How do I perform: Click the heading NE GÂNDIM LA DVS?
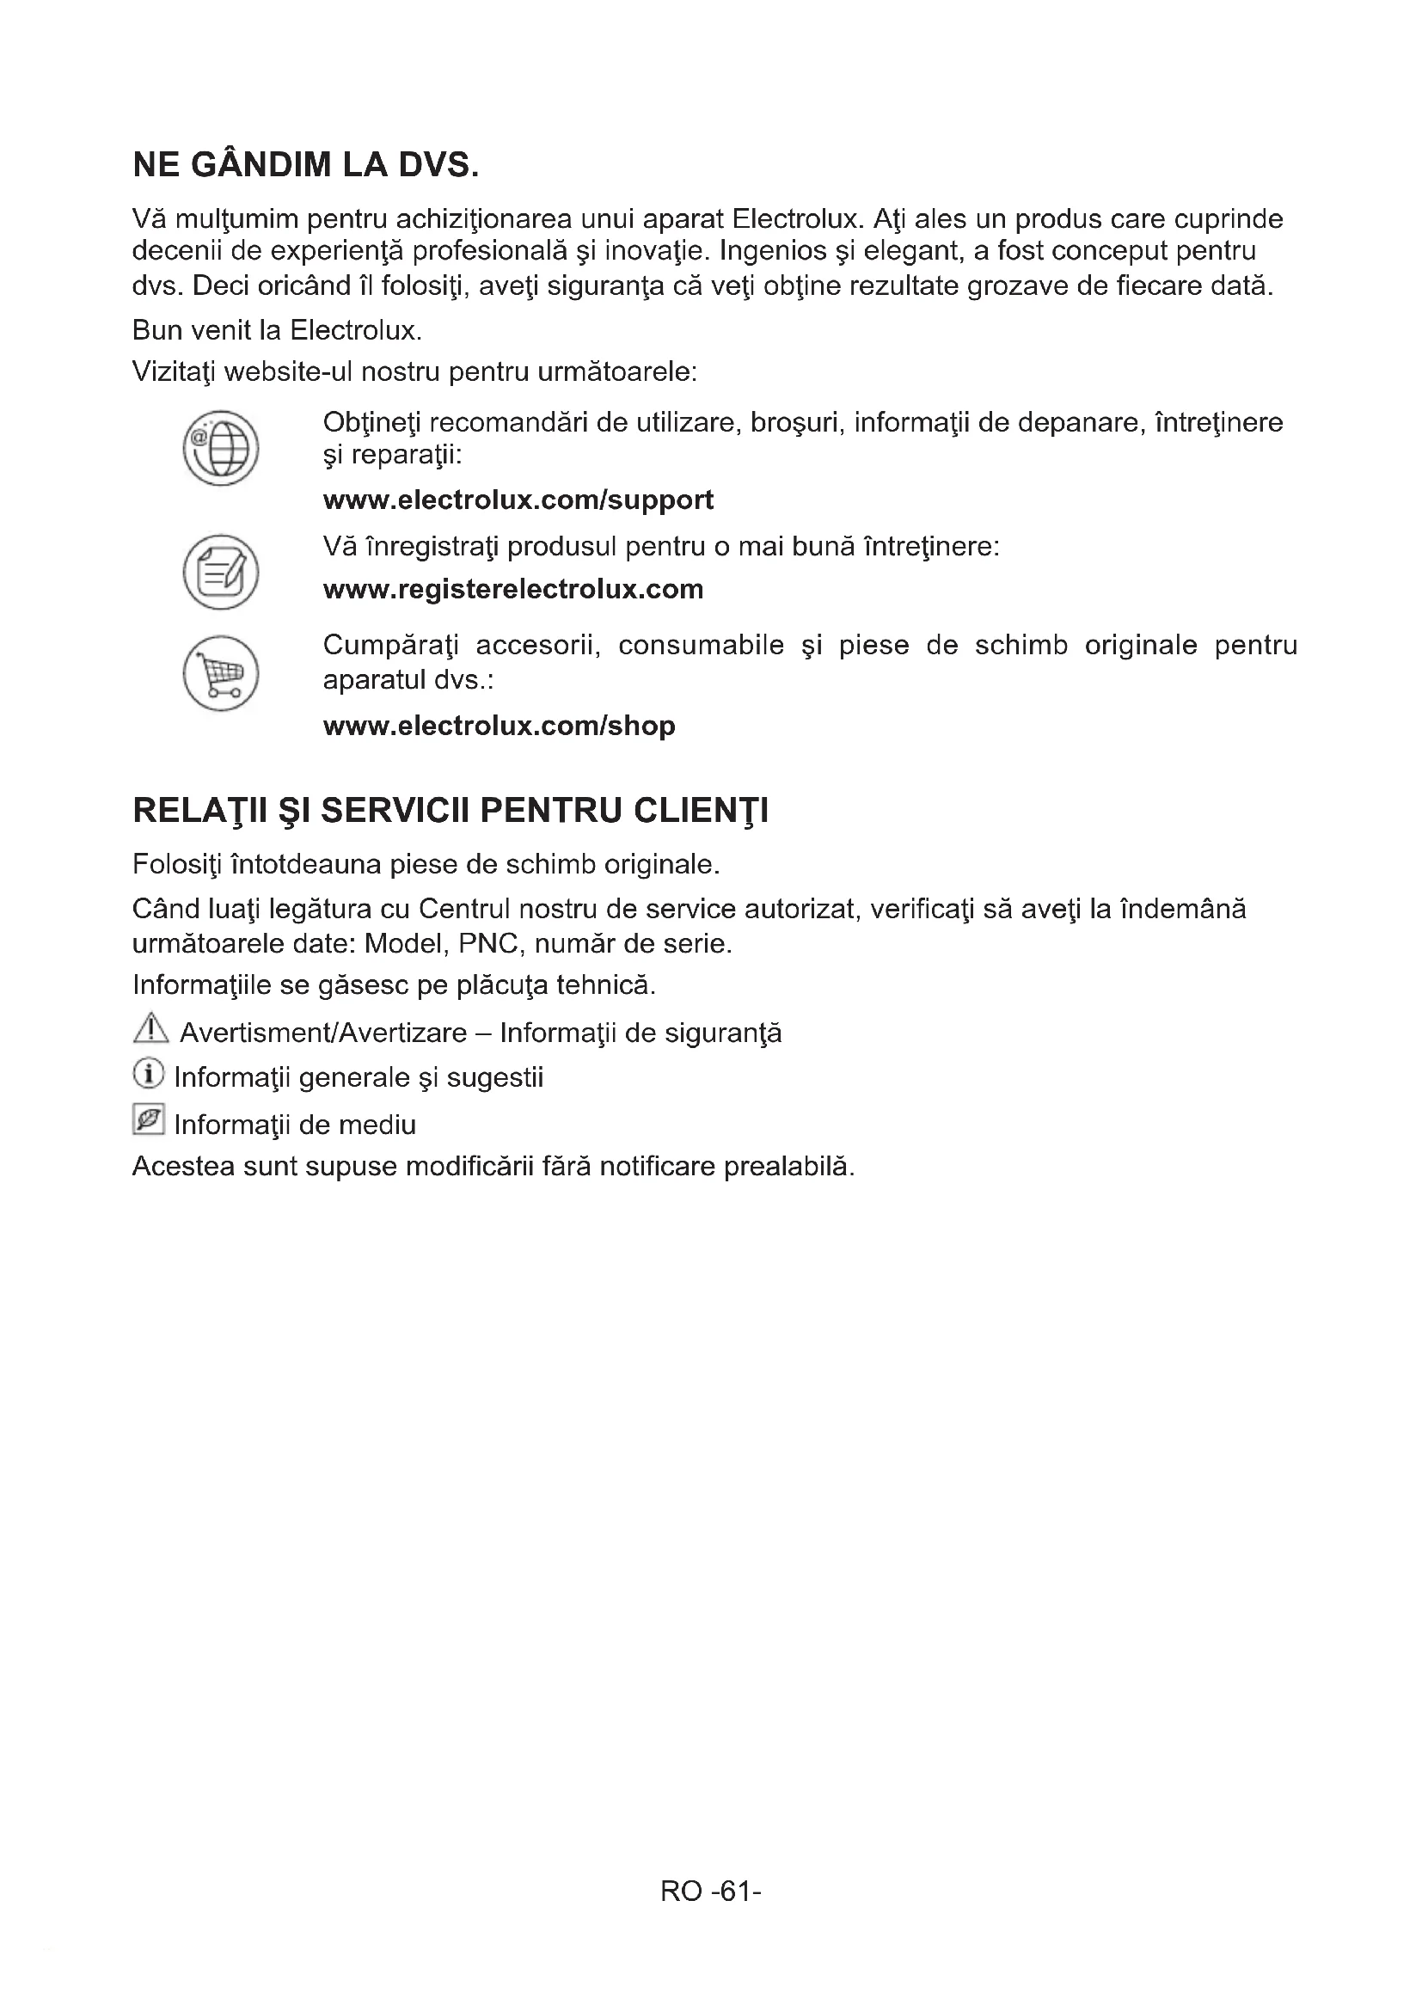point(305,165)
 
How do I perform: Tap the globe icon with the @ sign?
point(221,449)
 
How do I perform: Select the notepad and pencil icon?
point(221,572)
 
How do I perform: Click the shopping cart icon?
point(221,672)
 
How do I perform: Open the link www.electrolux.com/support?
point(518,500)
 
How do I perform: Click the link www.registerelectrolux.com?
point(513,589)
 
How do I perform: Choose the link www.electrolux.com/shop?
point(500,726)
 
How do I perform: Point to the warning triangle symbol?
point(150,1028)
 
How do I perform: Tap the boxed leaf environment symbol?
point(149,1119)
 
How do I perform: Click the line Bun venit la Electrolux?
point(278,330)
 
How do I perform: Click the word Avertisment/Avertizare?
point(323,1033)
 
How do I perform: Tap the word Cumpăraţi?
point(391,646)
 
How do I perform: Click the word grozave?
point(1017,286)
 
